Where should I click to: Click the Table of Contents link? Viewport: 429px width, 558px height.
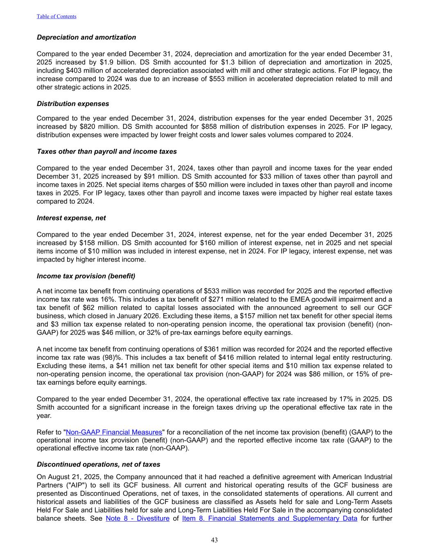(x=56, y=16)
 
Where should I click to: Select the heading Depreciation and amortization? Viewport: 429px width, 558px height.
(x=86, y=37)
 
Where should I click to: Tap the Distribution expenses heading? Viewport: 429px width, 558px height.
(x=73, y=103)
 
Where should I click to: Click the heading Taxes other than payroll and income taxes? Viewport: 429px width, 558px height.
(x=107, y=152)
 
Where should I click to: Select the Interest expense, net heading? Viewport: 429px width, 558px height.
(x=71, y=218)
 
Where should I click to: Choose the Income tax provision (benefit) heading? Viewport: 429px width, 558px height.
(x=86, y=276)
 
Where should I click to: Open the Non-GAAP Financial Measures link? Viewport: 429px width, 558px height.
(x=114, y=432)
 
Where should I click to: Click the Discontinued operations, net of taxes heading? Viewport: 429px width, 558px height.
(x=99, y=464)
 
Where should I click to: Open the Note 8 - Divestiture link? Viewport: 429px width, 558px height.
(x=138, y=518)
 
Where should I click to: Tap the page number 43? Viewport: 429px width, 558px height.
(x=214, y=540)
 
